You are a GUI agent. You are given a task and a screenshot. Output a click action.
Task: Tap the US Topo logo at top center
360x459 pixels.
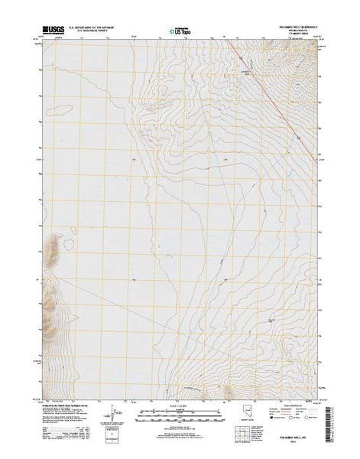(180, 31)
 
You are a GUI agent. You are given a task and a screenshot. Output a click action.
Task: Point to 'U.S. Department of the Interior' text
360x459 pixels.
(92, 27)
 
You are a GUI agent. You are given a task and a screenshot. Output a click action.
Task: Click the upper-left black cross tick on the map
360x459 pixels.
(135, 160)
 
